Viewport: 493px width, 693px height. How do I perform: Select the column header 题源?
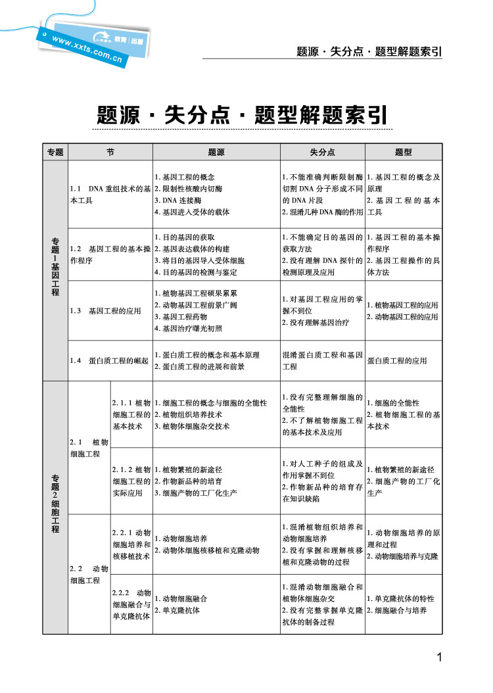click(216, 152)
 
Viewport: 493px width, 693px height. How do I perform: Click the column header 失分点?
click(322, 152)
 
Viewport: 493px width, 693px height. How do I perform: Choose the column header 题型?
click(404, 152)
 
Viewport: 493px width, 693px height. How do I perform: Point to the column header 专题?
click(55, 152)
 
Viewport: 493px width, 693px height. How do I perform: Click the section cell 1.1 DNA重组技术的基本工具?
click(110, 195)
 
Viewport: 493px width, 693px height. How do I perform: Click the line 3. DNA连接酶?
click(178, 201)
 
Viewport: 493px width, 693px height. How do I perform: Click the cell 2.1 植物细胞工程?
click(89, 448)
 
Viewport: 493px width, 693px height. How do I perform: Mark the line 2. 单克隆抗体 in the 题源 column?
click(177, 610)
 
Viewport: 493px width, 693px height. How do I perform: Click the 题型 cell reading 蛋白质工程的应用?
click(397, 360)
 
